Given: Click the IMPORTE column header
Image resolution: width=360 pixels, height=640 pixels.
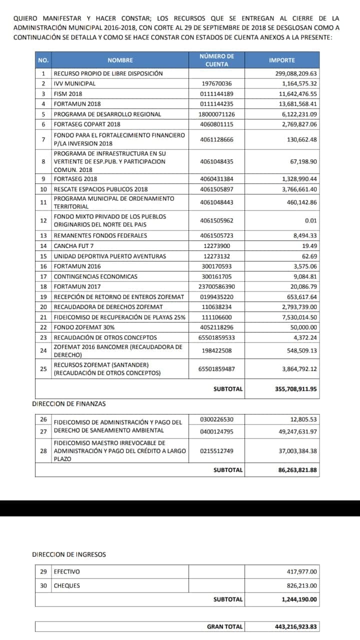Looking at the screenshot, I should tap(282, 60).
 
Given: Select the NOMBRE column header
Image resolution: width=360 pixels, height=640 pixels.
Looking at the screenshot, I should tap(120, 60).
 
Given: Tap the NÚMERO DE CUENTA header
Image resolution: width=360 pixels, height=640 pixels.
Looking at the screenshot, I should tap(216, 60).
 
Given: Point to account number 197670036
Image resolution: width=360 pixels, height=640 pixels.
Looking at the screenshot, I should tap(216, 83).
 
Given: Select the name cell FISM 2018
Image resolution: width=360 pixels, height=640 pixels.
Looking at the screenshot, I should tap(68, 94).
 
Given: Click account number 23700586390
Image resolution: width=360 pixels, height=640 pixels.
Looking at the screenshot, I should tap(216, 287).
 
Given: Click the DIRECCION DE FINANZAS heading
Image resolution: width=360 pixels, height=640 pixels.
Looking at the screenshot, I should tap(69, 403).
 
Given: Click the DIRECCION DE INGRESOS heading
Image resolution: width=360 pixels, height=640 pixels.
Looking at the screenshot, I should tap(69, 554).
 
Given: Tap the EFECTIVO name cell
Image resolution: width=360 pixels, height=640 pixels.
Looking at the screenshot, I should tap(66, 572).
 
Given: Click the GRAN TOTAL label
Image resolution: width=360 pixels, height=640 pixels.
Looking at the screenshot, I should tap(224, 626).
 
